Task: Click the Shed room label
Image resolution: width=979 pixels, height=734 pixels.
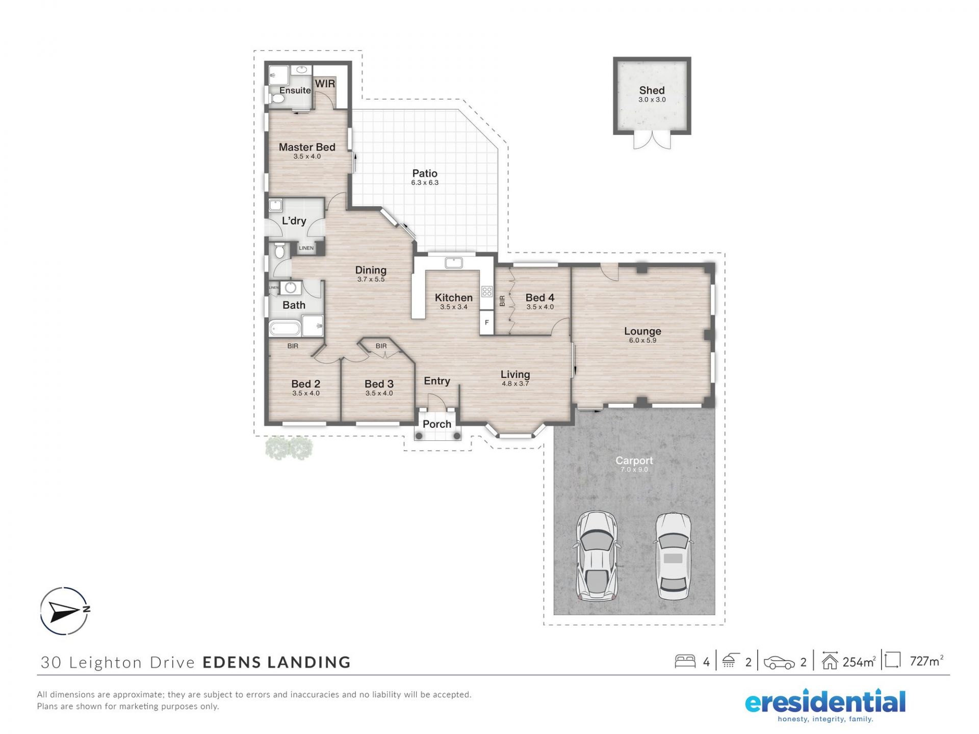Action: point(652,90)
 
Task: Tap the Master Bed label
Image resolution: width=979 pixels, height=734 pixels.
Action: point(307,147)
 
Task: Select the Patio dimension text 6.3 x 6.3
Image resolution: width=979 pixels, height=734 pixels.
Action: point(425,182)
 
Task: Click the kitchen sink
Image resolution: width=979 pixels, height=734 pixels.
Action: point(453,263)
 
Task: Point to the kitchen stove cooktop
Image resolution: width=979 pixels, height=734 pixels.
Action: point(487,292)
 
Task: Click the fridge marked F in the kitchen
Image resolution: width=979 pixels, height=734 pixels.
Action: point(487,323)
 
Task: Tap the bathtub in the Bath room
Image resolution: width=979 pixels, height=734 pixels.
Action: point(285,328)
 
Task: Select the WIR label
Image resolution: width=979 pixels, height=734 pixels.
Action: point(325,84)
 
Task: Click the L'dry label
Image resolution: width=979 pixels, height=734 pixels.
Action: point(294,221)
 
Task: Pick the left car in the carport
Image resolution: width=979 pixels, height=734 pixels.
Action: point(596,556)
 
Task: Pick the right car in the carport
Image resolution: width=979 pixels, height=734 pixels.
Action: point(673,556)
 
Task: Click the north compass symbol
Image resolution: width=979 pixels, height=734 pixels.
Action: point(65,611)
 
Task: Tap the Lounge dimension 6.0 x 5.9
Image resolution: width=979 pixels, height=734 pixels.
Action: point(642,340)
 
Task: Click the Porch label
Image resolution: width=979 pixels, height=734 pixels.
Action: point(437,424)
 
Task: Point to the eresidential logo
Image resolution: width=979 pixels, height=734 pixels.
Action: point(825,705)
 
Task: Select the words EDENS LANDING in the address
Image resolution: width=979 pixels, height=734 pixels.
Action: point(277,662)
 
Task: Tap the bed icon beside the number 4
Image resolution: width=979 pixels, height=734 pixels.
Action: point(685,661)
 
